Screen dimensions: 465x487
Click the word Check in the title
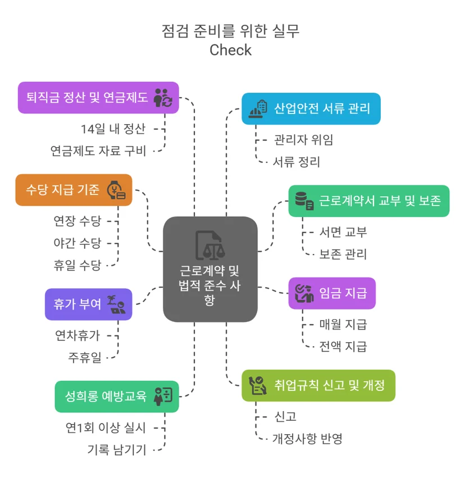[x=230, y=50]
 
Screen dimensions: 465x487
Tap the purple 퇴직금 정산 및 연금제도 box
[x=98, y=98]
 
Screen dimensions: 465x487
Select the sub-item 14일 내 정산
[x=113, y=129]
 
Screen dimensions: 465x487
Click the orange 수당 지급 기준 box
[x=74, y=190]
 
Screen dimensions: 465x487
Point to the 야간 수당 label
[x=77, y=243]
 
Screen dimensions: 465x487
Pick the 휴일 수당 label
[x=77, y=265]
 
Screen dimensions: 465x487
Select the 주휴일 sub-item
[x=84, y=357]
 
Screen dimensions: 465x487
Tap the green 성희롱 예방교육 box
[x=117, y=397]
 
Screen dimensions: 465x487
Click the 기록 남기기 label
[x=116, y=449]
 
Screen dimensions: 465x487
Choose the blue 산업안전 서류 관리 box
[x=311, y=109]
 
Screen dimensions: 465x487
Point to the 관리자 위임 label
[x=303, y=140]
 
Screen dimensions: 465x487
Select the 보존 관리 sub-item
[x=343, y=254]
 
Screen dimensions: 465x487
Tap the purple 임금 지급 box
[x=332, y=293]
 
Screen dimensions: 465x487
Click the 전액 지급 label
[x=343, y=347]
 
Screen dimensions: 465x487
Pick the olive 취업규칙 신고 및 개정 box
[x=318, y=385]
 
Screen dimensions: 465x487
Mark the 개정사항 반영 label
[x=307, y=439]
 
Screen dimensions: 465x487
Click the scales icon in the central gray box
[x=209, y=245]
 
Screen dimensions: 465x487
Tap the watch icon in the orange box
[x=116, y=190]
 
